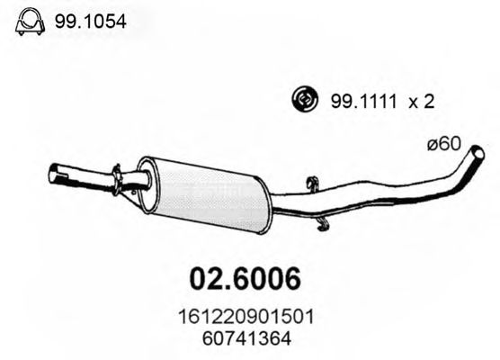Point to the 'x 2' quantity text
[418, 103]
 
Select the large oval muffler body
[208, 192]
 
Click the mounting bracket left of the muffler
[117, 179]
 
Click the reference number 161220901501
[244, 317]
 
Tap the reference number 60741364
[244, 337]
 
